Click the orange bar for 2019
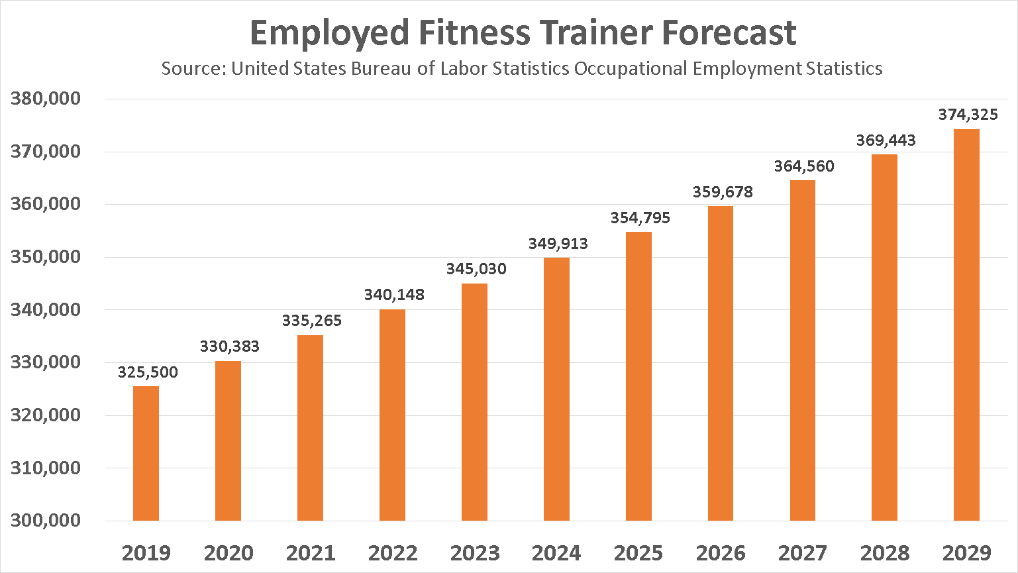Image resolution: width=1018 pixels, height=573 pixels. click(x=146, y=454)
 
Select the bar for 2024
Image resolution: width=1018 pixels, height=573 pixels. click(x=556, y=389)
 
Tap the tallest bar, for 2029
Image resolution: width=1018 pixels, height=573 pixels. click(x=966, y=325)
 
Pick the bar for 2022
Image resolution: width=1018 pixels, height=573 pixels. click(x=392, y=415)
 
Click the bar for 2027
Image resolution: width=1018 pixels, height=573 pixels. click(x=803, y=350)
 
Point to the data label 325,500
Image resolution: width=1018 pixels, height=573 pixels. click(x=148, y=372)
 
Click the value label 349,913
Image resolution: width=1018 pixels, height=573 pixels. click(x=558, y=244)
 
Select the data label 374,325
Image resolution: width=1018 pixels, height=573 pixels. click(x=968, y=115)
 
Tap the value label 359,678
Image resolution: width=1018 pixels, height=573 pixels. click(x=723, y=192)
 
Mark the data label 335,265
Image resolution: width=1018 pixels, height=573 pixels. click(x=312, y=321)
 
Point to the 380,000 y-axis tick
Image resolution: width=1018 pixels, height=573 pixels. click(x=46, y=99)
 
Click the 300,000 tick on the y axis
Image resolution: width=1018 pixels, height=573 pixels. click(x=46, y=520)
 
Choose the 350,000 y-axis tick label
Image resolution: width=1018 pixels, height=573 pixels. click(x=46, y=257)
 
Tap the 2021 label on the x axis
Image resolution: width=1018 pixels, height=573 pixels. click(x=311, y=553)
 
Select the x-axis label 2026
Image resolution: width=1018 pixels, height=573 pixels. click(x=721, y=553)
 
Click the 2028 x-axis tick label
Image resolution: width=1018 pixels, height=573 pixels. click(x=885, y=553)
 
